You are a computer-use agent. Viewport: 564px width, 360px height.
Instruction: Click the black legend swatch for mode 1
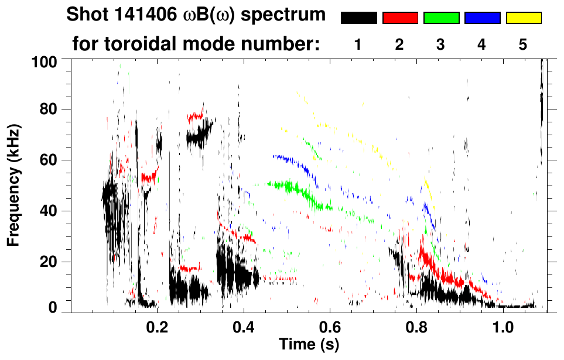point(358,18)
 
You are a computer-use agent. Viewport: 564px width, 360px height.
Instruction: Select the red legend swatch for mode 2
point(400,18)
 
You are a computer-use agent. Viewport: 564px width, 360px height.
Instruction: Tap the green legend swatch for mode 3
point(441,18)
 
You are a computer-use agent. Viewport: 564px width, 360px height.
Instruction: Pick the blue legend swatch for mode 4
point(482,18)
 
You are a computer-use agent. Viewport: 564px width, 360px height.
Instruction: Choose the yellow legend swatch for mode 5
point(524,18)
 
